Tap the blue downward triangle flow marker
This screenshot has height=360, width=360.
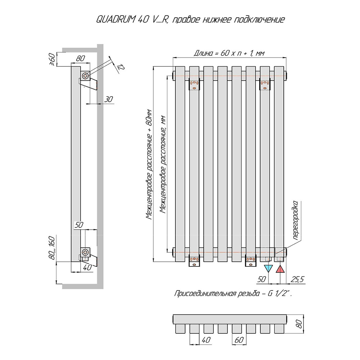[269, 269]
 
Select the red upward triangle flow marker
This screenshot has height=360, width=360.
[280, 269]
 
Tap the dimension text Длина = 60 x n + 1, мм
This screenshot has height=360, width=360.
[229, 53]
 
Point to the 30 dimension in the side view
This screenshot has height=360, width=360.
[108, 99]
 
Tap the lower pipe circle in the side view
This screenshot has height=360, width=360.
[85, 252]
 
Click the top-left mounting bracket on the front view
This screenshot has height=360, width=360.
[194, 84]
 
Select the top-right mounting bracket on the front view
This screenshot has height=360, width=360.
[265, 84]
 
